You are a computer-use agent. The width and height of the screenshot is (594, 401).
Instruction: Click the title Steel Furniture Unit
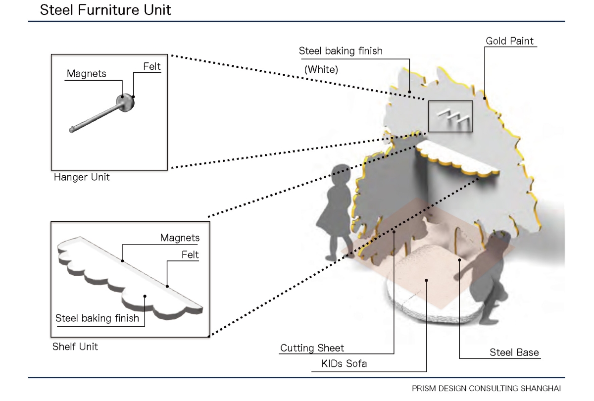[105, 10]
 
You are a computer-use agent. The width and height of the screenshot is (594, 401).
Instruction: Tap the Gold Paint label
[510, 41]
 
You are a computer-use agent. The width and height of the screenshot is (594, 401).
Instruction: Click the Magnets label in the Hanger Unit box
[87, 74]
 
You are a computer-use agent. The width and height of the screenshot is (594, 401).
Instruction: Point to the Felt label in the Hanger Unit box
[152, 66]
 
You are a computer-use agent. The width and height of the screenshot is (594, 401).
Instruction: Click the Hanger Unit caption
[82, 177]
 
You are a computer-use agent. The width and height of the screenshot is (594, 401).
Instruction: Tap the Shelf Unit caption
[75, 347]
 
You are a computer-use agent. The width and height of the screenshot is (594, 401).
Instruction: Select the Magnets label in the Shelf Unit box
[180, 238]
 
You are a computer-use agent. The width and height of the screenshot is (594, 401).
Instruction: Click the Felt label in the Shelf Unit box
[190, 255]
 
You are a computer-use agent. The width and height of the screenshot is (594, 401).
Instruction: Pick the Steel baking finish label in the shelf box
[97, 318]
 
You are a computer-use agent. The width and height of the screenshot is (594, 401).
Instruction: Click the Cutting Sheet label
[312, 348]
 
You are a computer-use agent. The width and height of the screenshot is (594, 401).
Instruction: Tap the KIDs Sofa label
[344, 365]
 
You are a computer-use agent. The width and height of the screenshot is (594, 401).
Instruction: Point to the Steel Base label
[514, 352]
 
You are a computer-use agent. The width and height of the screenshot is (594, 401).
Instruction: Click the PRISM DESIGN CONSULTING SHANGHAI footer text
[487, 389]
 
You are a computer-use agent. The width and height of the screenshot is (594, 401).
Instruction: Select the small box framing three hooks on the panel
[450, 116]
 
